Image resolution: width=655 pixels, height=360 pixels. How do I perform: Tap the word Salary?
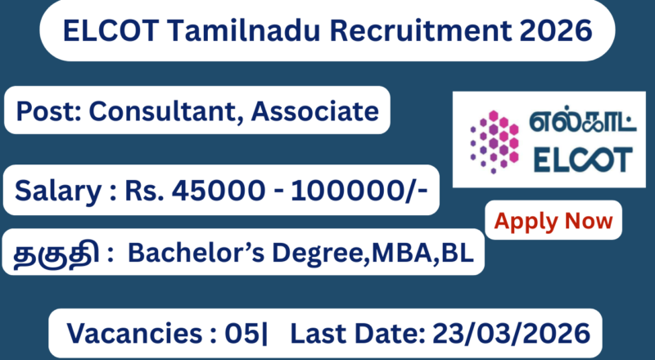(x=56, y=192)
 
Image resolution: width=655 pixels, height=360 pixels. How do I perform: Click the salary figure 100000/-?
(x=350, y=192)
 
